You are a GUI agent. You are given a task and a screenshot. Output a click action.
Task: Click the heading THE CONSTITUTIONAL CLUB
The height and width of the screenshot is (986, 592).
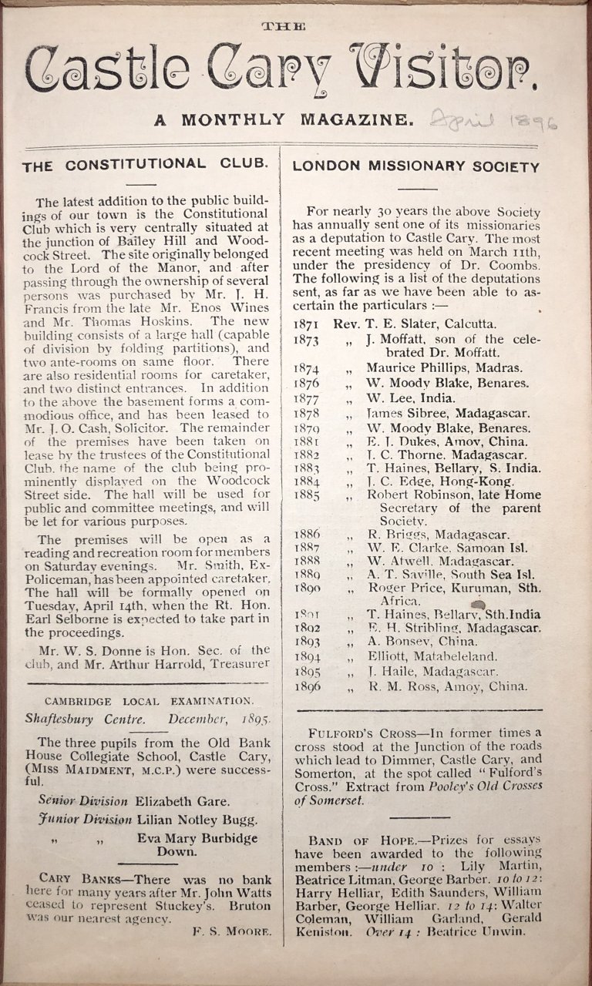point(145,164)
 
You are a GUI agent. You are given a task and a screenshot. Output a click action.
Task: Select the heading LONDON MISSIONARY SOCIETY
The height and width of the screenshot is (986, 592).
point(416,166)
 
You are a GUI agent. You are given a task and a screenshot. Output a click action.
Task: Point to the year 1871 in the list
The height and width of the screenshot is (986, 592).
point(307,324)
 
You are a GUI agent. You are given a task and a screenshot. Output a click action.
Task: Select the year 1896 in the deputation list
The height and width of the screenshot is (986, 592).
point(307,686)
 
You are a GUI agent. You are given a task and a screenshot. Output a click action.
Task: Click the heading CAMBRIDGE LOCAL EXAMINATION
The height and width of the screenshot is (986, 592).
point(148,701)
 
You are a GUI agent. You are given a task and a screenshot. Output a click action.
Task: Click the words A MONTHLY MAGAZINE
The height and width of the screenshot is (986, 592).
point(284,119)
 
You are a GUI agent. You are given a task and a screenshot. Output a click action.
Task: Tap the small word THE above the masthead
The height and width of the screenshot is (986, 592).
point(284,26)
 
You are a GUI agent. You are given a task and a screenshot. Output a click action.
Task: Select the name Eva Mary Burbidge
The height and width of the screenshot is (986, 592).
point(197,838)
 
